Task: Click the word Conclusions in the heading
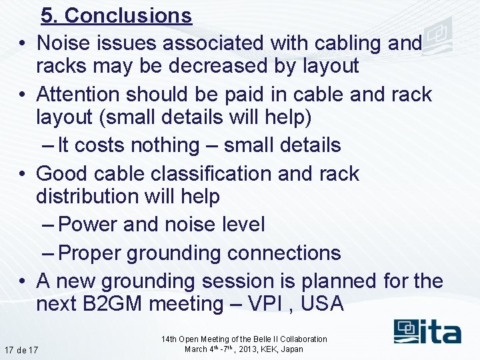128,15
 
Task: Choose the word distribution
94,197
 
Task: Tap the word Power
89,225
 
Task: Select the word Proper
90,253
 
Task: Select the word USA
322,304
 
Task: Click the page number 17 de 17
21,350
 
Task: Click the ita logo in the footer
427,331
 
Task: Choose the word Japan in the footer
291,349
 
